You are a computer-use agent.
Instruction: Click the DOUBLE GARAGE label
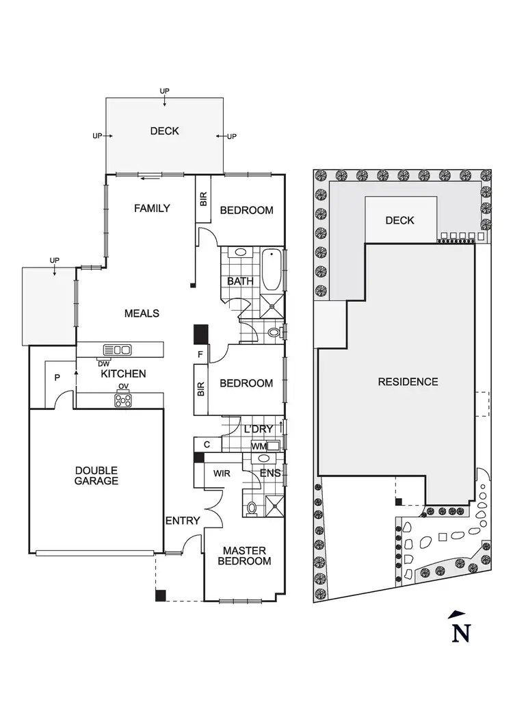coord(96,476)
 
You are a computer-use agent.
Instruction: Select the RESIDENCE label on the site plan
coord(408,382)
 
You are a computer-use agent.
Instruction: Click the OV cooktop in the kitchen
coord(123,402)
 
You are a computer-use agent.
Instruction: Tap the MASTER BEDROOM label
coord(244,556)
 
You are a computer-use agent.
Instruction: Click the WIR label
coord(220,474)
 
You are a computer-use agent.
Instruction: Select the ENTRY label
coord(183,521)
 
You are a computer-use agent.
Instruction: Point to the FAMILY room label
coord(152,208)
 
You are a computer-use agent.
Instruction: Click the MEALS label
coord(142,313)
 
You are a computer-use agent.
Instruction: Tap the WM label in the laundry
coord(258,447)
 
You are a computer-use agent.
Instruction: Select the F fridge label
coord(200,354)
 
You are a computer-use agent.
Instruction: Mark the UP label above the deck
coord(164,91)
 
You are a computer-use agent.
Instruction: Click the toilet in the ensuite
coord(252,508)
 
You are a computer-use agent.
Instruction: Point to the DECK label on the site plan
coord(400,220)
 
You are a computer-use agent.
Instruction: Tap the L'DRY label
coord(259,429)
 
